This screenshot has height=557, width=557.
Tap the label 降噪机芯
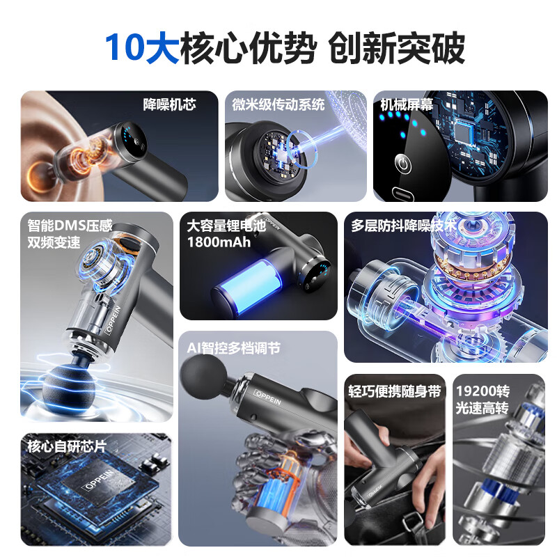coord(169,104)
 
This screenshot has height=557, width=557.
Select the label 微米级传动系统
coord(278,104)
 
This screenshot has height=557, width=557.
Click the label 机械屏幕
coord(407,104)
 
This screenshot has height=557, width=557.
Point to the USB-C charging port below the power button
coord(402,192)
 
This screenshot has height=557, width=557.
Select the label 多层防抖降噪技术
coord(403,226)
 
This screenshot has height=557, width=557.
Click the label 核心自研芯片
coord(67,446)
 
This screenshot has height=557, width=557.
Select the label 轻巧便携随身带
coord(395,391)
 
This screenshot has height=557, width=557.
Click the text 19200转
coord(482,391)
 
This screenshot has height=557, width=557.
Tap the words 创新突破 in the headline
coord(396,47)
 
